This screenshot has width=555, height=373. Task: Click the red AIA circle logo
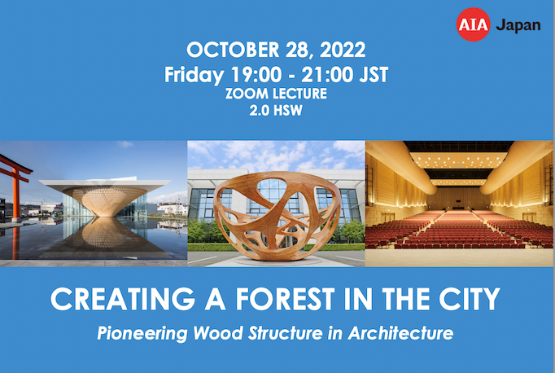point(473,24)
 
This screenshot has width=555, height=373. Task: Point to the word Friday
point(194,75)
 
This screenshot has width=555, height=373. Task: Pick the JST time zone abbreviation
point(370,75)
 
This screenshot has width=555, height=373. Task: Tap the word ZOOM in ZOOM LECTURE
point(252,95)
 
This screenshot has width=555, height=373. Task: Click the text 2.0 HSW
point(277,112)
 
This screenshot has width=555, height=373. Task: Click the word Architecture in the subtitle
point(405,333)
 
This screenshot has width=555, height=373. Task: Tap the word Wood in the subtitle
point(210,333)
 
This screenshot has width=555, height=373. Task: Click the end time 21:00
point(325,75)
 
